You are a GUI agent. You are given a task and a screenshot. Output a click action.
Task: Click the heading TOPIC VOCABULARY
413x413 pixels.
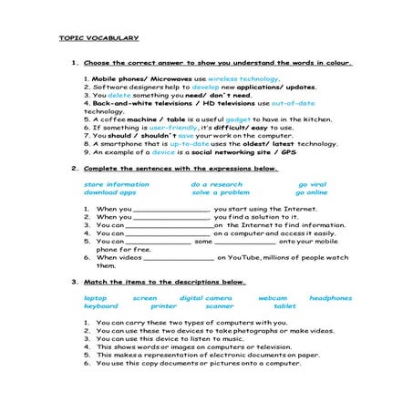98,38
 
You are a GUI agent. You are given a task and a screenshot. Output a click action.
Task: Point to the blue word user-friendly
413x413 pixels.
172,128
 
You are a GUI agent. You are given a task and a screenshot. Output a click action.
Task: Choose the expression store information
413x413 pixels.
116,184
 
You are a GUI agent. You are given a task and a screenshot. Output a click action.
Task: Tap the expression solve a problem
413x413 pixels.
220,192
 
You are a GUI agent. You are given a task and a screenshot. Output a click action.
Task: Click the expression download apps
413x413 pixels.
109,192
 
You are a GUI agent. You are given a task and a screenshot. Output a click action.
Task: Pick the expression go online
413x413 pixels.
311,192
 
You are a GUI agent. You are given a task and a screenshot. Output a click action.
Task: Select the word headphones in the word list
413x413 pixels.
330,298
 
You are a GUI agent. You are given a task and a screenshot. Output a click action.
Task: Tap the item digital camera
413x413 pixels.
205,298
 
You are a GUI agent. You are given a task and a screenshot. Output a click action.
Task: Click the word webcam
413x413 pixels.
272,298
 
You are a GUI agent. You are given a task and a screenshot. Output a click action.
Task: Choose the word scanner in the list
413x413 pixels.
219,306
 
